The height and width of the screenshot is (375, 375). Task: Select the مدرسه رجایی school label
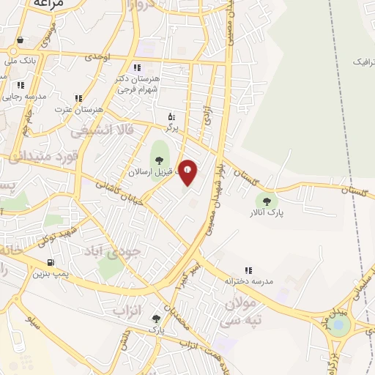23,96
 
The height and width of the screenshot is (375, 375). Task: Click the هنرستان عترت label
78,109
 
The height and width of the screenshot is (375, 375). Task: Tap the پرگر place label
171,127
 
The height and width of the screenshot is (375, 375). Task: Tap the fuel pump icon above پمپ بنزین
50,262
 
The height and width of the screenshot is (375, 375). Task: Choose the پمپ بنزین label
50,275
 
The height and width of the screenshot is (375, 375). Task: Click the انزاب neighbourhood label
126,311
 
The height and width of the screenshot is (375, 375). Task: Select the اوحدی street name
96,56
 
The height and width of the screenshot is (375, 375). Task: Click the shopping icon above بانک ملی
20,40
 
